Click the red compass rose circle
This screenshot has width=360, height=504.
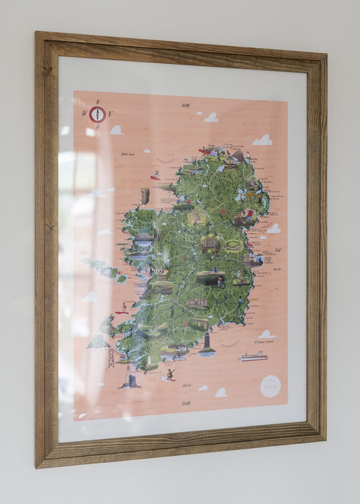point(97,114)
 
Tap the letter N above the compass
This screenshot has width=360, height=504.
point(98,102)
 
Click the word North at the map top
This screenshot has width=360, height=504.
point(186,105)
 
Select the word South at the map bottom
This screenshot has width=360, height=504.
point(186,403)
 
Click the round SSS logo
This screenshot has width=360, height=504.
point(270,386)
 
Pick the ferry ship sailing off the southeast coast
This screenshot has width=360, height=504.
point(253,356)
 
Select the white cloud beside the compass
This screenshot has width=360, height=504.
point(116,130)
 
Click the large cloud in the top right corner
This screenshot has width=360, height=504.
point(263,140)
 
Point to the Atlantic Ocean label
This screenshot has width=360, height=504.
point(128,154)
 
